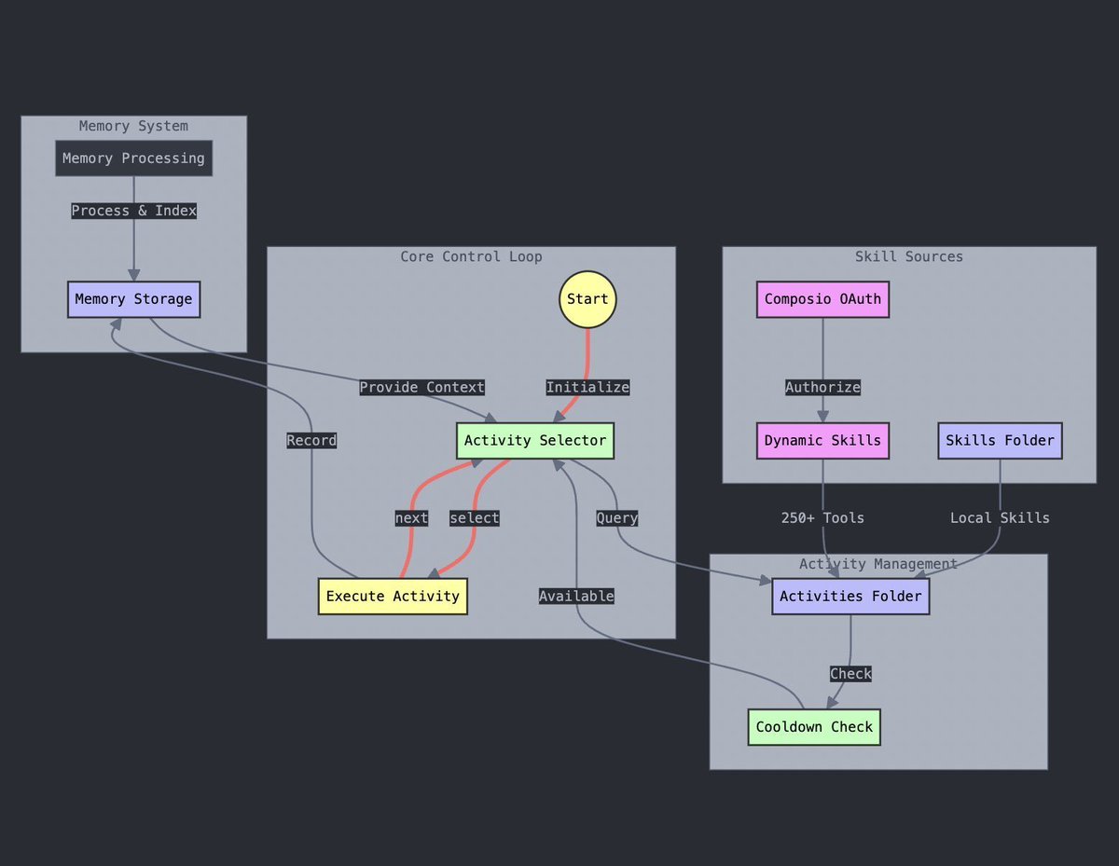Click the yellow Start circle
coord(587,299)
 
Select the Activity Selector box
coord(534,441)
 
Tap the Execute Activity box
coord(393,597)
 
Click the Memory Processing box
coord(133,158)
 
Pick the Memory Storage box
coord(133,299)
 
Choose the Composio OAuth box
coord(822,299)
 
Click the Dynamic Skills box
coord(822,441)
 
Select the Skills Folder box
coord(1000,441)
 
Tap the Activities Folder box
coord(850,597)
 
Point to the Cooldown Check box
coord(814,727)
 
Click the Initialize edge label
coord(587,388)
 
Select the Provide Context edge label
coord(422,388)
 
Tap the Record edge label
coord(311,441)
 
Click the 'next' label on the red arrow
coord(411,518)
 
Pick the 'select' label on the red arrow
coord(474,518)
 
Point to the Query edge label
coord(617,518)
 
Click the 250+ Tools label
coord(822,518)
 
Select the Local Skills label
coord(1000,518)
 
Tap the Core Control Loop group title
coord(471,256)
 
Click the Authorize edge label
coord(822,388)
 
